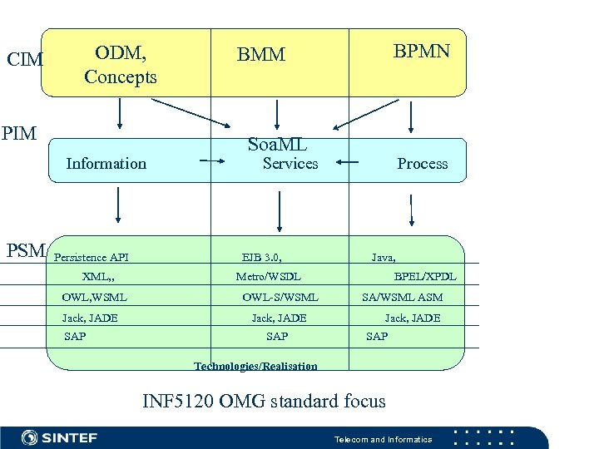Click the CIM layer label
[25, 60]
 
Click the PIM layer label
[19, 133]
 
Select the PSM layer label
[26, 250]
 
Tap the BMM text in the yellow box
[260, 56]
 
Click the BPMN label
[422, 52]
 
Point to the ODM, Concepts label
[121, 65]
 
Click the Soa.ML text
[277, 145]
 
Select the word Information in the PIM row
[106, 164]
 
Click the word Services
[290, 164]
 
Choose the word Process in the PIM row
[422, 164]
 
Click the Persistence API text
[92, 258]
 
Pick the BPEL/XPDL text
[425, 277]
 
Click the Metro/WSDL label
[268, 277]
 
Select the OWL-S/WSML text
[280, 297]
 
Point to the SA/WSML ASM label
[402, 297]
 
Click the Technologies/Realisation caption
[255, 367]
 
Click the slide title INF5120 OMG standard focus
[264, 402]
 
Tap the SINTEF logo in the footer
[59, 437]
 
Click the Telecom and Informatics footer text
[383, 439]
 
